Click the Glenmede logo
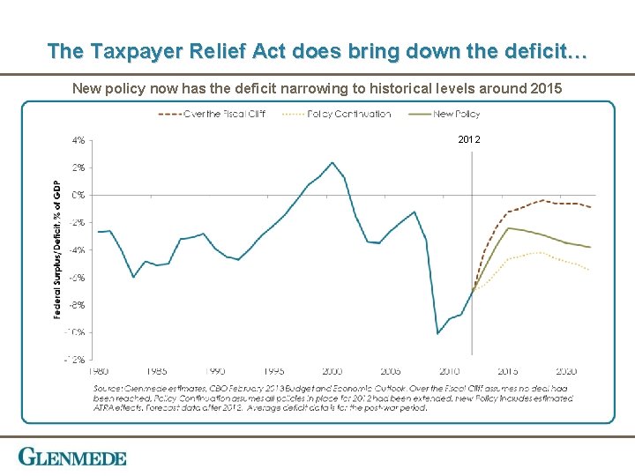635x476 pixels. coord(72,457)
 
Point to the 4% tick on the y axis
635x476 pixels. coord(78,139)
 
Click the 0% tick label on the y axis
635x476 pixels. coord(78,195)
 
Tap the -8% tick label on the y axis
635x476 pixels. coord(78,305)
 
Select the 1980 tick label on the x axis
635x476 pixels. coord(99,371)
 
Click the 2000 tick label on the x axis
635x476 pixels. coord(332,371)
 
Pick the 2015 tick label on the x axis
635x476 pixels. coord(507,371)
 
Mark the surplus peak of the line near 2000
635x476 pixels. coord(332,162)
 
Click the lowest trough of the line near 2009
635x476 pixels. coord(437,333)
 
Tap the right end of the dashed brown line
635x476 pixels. coord(590,207)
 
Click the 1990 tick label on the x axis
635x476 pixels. coord(216,371)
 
